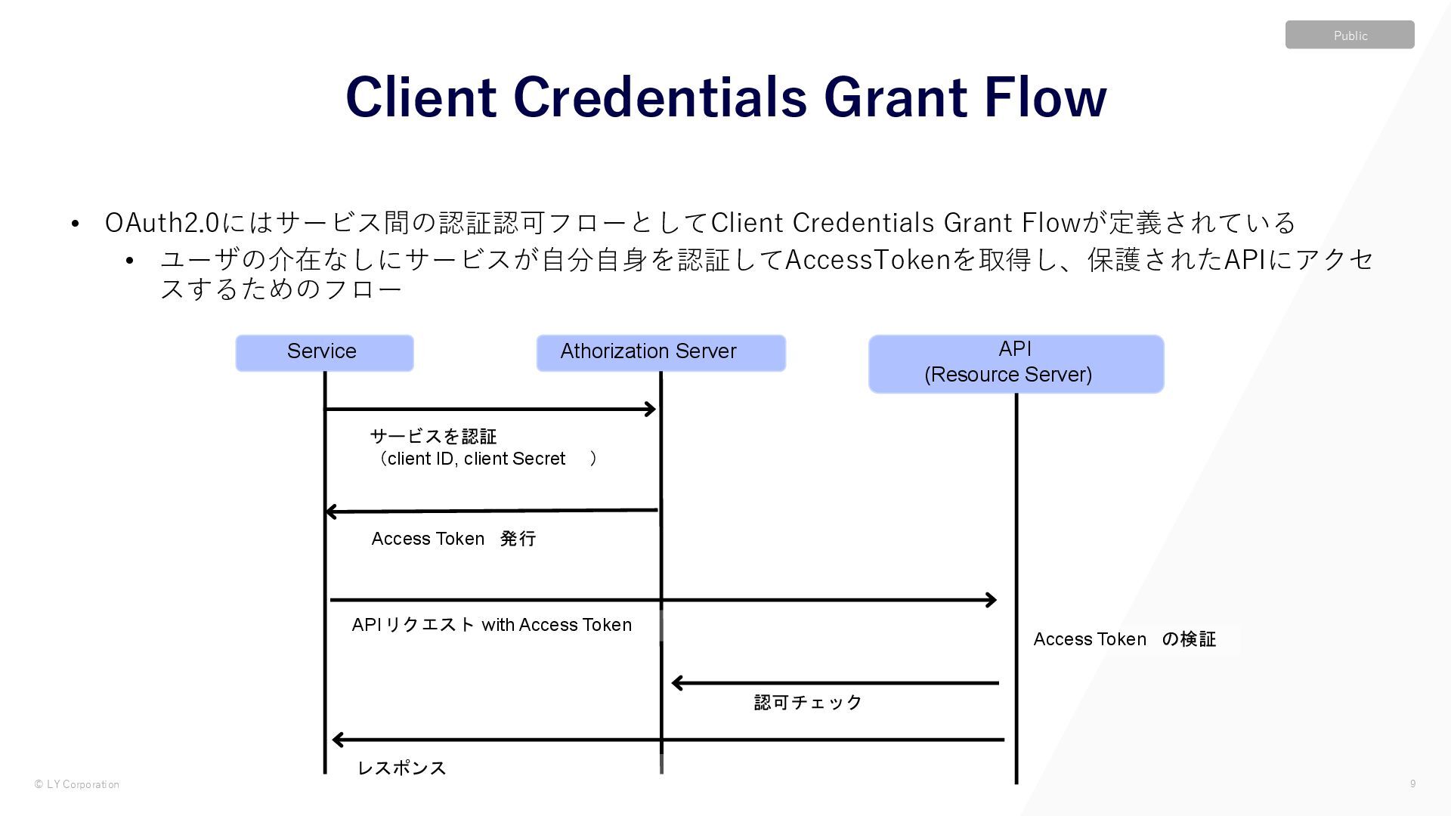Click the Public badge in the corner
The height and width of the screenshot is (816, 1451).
[x=1350, y=35]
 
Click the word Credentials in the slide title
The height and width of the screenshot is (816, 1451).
[x=660, y=97]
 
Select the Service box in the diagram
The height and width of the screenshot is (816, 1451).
[x=324, y=353]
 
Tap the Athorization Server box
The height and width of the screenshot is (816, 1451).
[x=661, y=353]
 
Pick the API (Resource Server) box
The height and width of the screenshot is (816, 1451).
[x=1016, y=363]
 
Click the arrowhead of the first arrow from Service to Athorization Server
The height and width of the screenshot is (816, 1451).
[x=650, y=410]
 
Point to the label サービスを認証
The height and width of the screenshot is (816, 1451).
[x=433, y=436]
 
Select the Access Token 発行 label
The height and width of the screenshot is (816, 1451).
[x=453, y=539]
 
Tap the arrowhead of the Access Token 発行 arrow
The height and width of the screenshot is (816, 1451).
[x=331, y=512]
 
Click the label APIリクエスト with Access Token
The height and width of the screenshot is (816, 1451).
[x=491, y=625]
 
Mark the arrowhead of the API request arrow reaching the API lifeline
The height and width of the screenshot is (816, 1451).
[x=991, y=600]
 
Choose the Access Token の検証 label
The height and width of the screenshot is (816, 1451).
[x=1124, y=639]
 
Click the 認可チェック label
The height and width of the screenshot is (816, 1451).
[x=808, y=703]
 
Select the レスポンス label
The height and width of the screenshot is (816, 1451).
[x=401, y=768]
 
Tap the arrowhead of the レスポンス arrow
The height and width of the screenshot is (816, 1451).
[x=338, y=740]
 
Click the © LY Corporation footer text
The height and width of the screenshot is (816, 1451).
[x=76, y=784]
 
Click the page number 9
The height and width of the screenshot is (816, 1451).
[x=1412, y=784]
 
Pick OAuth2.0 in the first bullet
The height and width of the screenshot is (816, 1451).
[x=162, y=223]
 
